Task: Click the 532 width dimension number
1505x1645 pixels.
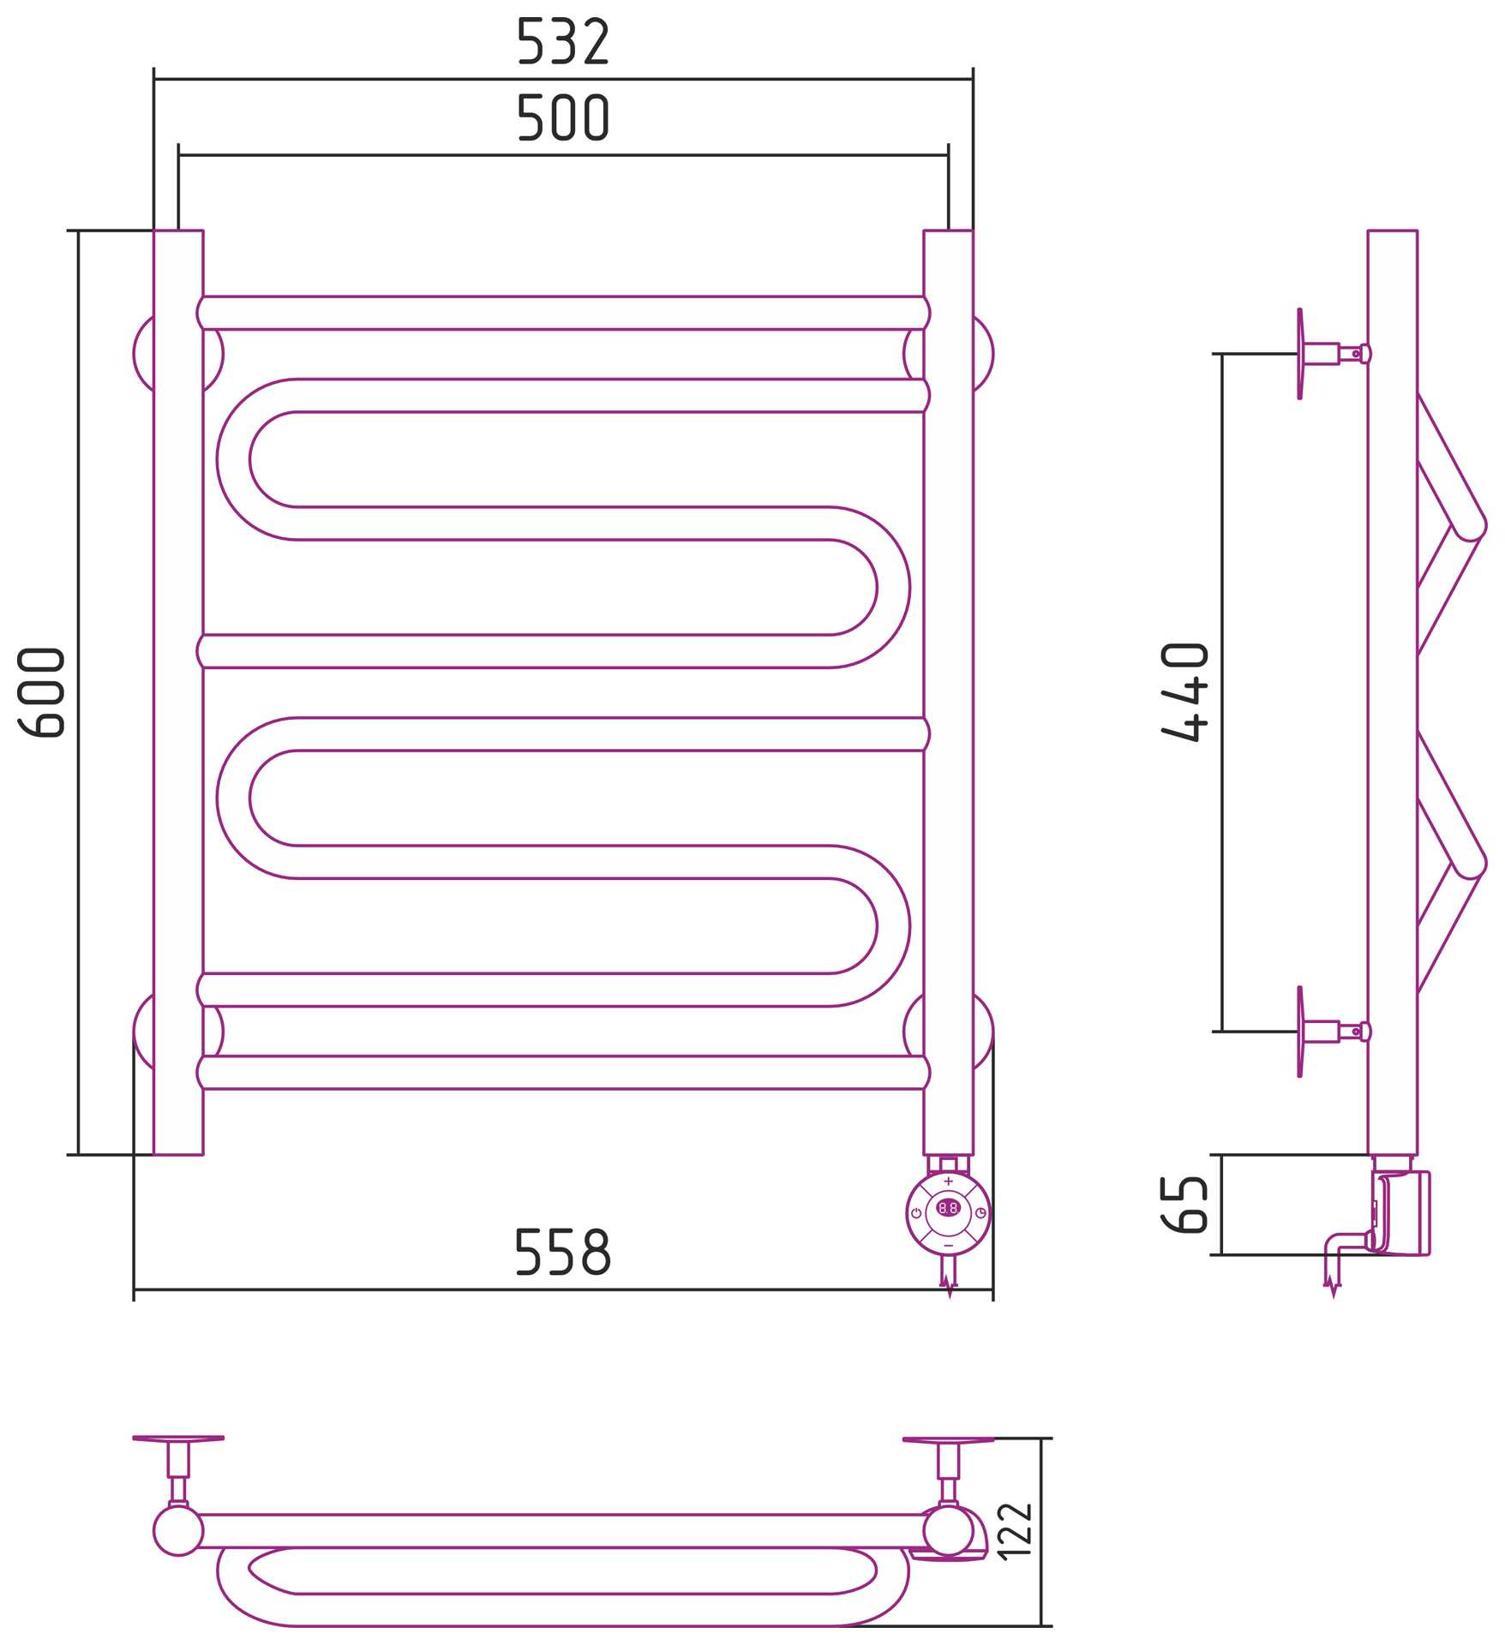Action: tap(563, 41)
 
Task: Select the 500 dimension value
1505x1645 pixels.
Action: tap(563, 117)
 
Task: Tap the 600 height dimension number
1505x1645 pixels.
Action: tap(41, 692)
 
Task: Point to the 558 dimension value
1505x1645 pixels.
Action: tap(563, 1252)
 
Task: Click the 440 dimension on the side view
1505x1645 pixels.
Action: tap(1185, 691)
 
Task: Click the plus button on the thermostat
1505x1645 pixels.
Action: tap(948, 1181)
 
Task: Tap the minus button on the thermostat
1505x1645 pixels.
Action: tap(948, 1246)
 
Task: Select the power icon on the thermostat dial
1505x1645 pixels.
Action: tap(916, 1213)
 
